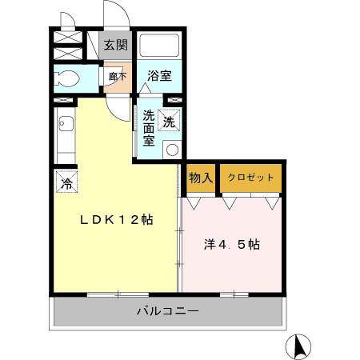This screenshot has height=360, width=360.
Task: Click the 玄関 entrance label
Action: pos(116,46)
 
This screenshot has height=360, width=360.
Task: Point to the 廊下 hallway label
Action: pos(114,77)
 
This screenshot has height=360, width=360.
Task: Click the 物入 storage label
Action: pos(200,178)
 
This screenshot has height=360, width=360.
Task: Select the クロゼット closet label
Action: pos(250,178)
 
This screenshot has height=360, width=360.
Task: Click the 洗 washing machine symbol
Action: pos(170,122)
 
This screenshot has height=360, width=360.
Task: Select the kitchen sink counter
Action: pos(65,136)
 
